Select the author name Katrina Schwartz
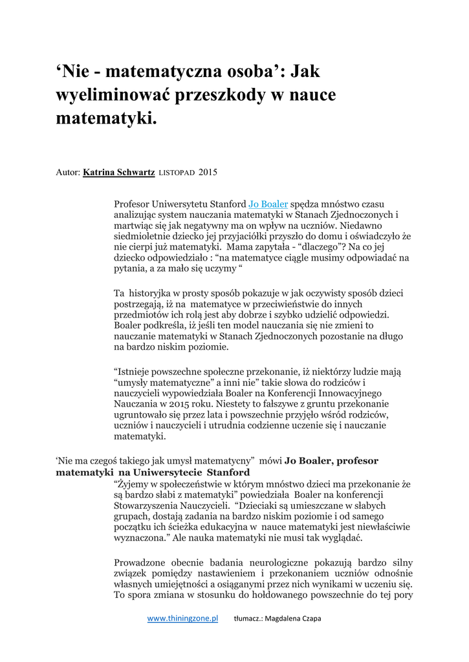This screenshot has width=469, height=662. tap(118, 173)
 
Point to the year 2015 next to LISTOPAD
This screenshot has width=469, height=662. tap(208, 173)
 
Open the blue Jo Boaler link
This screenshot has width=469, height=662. tap(268, 204)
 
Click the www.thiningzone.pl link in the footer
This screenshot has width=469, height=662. tap(182, 619)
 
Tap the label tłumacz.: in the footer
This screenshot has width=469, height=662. tap(248, 619)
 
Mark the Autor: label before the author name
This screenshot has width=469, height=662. tap(68, 173)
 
